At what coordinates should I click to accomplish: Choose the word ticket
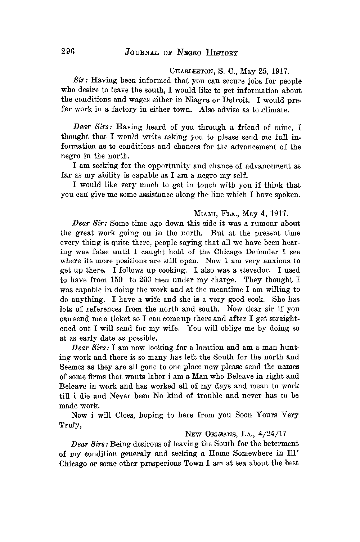point(111,318)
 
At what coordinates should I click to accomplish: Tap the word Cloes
point(115,415)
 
